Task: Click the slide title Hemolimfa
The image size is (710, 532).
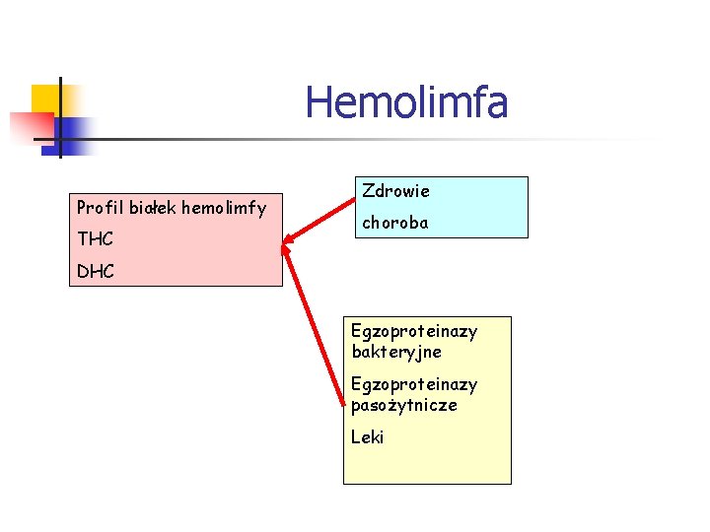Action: pyautogui.click(x=406, y=102)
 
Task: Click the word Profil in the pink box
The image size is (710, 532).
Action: pyautogui.click(x=100, y=208)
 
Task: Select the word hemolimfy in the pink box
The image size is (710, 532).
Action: pyautogui.click(x=225, y=208)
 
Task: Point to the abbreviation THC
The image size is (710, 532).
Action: pyautogui.click(x=95, y=239)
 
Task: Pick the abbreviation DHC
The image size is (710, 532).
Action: pyautogui.click(x=96, y=271)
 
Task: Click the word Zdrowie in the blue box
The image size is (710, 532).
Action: pyautogui.click(x=395, y=190)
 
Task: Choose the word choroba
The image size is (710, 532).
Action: pyautogui.click(x=394, y=223)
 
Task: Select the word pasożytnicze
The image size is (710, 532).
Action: pyautogui.click(x=404, y=405)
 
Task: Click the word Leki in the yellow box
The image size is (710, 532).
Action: pyautogui.click(x=367, y=436)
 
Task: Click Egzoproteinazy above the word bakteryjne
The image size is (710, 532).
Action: pyautogui.click(x=414, y=331)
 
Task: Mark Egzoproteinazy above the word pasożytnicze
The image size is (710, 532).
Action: pyautogui.click(x=414, y=384)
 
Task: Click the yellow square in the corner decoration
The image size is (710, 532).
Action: pyautogui.click(x=45, y=99)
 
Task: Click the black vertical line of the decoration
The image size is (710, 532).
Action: pyautogui.click(x=59, y=118)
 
